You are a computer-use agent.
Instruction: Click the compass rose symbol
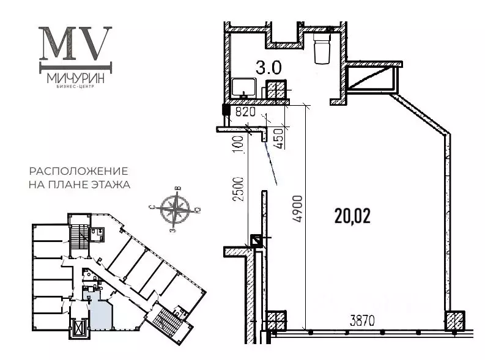coord(176,208)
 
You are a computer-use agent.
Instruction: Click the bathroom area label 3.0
coord(268,67)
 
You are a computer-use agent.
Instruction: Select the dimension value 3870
coord(362,320)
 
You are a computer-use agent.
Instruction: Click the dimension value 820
coord(245,112)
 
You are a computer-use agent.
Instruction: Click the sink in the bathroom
coord(245,88)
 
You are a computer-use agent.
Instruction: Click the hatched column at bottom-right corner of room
coord(454,320)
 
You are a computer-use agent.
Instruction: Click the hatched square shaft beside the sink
coord(276,91)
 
